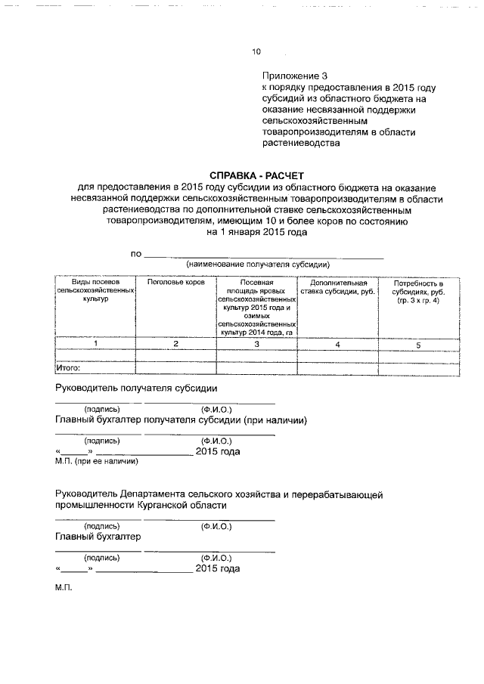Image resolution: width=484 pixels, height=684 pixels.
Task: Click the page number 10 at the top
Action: pyautogui.click(x=256, y=52)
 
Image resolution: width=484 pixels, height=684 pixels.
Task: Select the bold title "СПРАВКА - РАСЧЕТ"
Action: pyautogui.click(x=256, y=175)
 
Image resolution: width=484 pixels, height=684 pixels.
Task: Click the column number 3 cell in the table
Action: pyautogui.click(x=256, y=345)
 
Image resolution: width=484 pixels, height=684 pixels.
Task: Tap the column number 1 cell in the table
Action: pyautogui.click(x=95, y=345)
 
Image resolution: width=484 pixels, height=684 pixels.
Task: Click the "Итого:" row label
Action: pyautogui.click(x=69, y=369)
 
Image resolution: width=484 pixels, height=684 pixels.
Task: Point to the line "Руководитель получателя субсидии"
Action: pyautogui.click(x=137, y=388)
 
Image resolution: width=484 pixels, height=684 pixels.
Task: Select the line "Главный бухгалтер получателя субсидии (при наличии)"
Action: pyautogui.click(x=181, y=419)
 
